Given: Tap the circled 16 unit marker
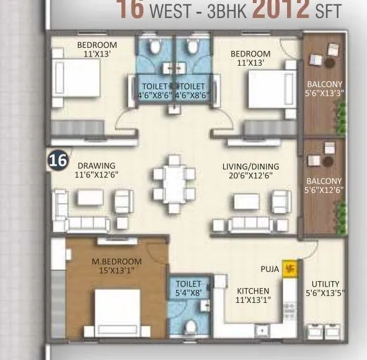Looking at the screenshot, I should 58,160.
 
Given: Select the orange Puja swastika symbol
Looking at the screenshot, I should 289,269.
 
